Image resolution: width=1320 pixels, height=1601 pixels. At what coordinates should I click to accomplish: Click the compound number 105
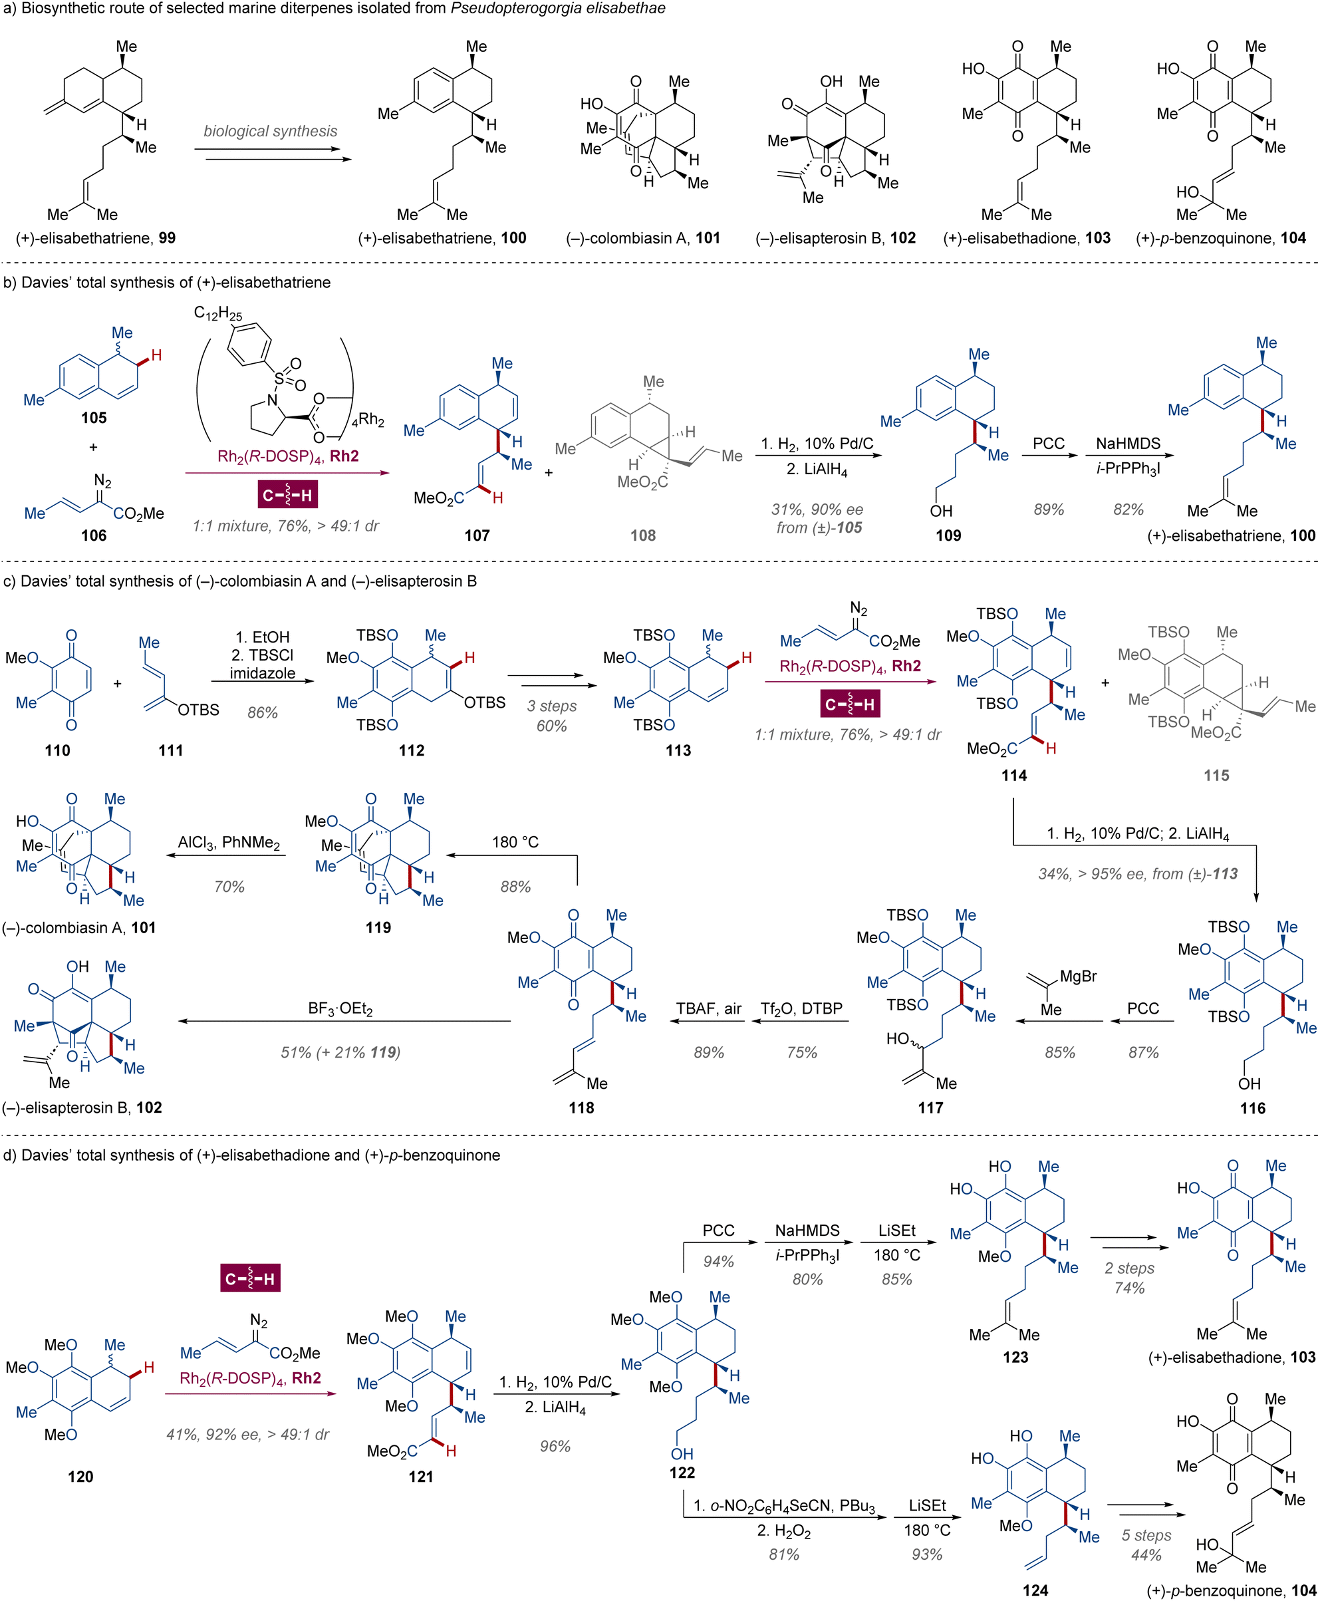pyautogui.click(x=94, y=418)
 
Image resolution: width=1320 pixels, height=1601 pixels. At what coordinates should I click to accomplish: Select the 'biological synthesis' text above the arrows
pyautogui.click(x=270, y=131)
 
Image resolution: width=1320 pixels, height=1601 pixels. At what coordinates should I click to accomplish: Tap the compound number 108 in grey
pyautogui.click(x=642, y=535)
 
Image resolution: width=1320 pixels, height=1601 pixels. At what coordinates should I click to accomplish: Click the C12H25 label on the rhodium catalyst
pyautogui.click(x=217, y=314)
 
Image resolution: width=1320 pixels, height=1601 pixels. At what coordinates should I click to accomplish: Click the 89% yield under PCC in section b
pyautogui.click(x=1049, y=509)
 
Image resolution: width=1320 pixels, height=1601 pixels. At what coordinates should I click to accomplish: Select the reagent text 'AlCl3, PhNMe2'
pyautogui.click(x=229, y=843)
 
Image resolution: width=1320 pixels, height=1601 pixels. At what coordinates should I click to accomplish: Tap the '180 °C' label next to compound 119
pyautogui.click(x=515, y=842)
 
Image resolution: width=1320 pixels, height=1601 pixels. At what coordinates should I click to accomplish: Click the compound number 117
pyautogui.click(x=931, y=1107)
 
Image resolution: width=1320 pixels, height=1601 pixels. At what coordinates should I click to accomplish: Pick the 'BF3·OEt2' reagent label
pyautogui.click(x=340, y=1009)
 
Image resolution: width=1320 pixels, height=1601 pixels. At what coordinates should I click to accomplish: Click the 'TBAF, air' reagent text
pyautogui.click(x=709, y=1008)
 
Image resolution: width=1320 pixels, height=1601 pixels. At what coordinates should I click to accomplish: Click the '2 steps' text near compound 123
pyautogui.click(x=1129, y=1268)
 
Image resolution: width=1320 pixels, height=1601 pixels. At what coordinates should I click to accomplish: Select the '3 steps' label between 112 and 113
pyautogui.click(x=552, y=706)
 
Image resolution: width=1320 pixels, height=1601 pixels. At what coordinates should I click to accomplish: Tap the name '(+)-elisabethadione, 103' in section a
pyautogui.click(x=1027, y=238)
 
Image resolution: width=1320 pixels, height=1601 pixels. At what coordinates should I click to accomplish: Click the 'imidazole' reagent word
pyautogui.click(x=262, y=673)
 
